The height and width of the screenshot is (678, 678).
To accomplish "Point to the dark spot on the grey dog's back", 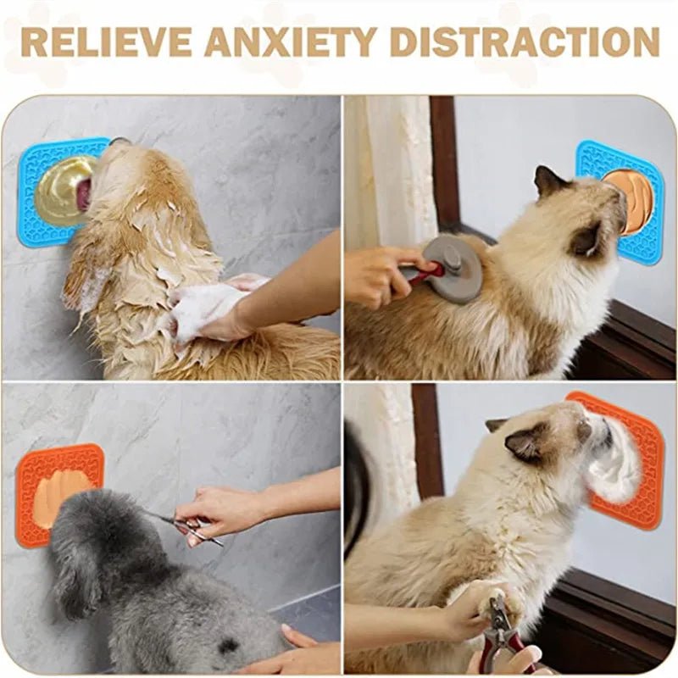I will (227, 646).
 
